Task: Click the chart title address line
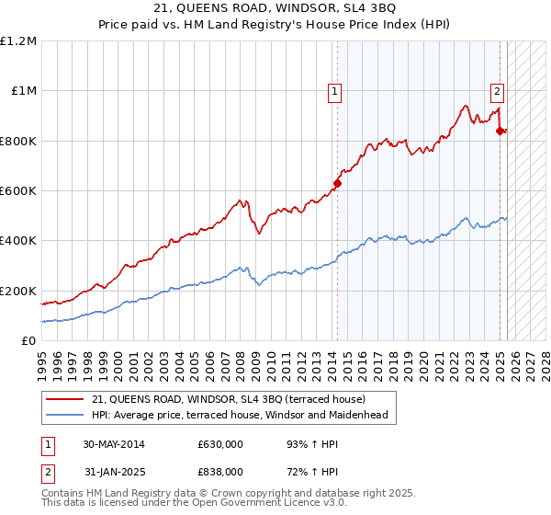click(x=275, y=8)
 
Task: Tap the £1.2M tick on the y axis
click(x=18, y=41)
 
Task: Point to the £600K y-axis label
click(x=18, y=191)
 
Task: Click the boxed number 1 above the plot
click(x=333, y=91)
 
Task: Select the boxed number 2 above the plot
click(x=497, y=91)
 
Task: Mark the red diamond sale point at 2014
click(x=337, y=183)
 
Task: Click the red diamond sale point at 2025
click(x=500, y=132)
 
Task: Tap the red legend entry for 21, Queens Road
click(x=229, y=399)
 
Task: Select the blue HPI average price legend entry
click(x=240, y=415)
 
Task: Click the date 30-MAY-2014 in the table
click(x=113, y=444)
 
